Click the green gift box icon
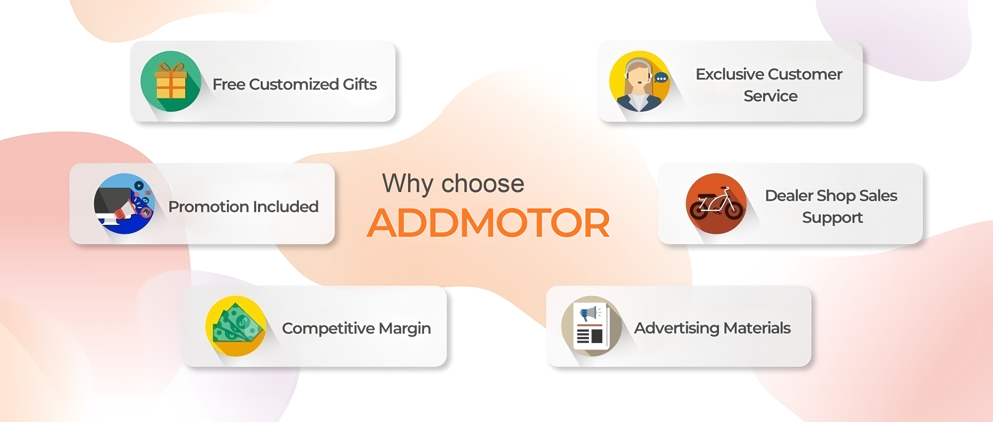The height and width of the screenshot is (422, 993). pyautogui.click(x=171, y=81)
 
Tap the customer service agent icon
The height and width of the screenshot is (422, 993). pyautogui.click(x=640, y=81)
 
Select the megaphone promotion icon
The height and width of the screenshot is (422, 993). pyautogui.click(x=124, y=204)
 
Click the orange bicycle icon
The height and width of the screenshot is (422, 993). pyautogui.click(x=716, y=204)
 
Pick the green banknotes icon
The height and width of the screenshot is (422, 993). pyautogui.click(x=236, y=326)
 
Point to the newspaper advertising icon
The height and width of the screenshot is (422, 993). pyautogui.click(x=591, y=326)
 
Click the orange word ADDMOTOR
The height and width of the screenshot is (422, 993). pyautogui.click(x=489, y=223)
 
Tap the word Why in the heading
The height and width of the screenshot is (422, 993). pyautogui.click(x=408, y=184)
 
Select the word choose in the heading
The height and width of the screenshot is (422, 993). pyautogui.click(x=483, y=183)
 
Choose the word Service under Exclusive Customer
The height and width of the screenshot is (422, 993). pyautogui.click(x=771, y=96)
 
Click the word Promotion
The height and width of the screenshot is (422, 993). pyautogui.click(x=206, y=207)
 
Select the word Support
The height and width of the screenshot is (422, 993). pyautogui.click(x=833, y=218)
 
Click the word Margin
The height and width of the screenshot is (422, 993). pyautogui.click(x=405, y=329)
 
